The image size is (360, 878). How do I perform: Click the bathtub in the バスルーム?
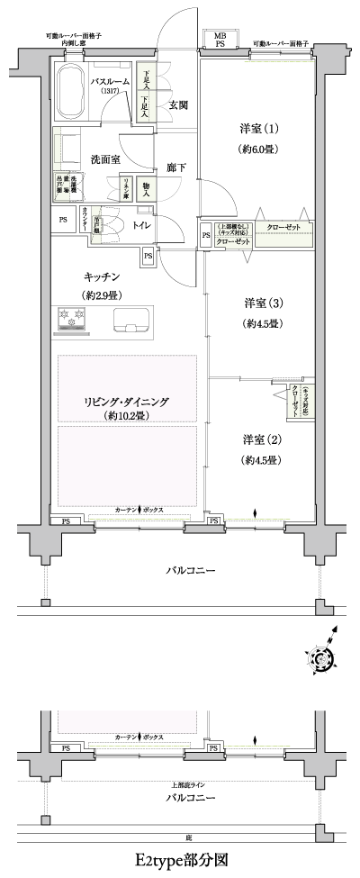pos(69,88)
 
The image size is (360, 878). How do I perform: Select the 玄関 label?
pos(177,106)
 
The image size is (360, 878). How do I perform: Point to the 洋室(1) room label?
pos(254,128)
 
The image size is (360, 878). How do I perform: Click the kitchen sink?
pos(133,319)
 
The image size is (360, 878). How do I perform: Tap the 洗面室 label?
pos(105,159)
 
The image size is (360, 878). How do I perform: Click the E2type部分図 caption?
pos(179,860)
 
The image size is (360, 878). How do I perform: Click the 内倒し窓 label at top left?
pos(74,43)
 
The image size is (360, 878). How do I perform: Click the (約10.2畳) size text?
pos(129,416)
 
